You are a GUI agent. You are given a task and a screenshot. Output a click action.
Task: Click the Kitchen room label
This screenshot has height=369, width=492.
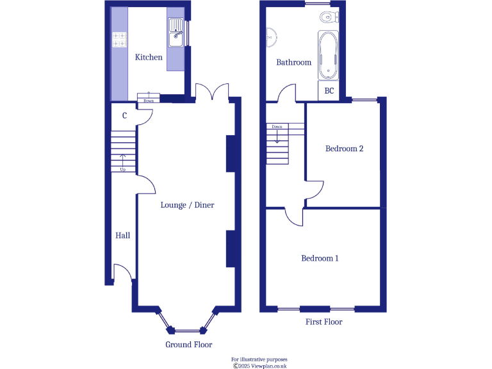click(149, 57)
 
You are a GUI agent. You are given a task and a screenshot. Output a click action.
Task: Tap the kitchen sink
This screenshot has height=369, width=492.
click(176, 32)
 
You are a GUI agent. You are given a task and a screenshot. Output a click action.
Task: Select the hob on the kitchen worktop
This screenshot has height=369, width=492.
click(119, 40)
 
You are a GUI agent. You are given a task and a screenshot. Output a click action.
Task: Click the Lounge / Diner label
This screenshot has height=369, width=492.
click(187, 205)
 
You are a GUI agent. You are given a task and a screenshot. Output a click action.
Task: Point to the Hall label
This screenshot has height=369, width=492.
click(122, 236)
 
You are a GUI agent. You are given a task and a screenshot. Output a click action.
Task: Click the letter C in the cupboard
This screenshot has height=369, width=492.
click(124, 116)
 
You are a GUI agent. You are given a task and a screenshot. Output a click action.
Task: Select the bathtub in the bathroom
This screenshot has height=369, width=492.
click(327, 56)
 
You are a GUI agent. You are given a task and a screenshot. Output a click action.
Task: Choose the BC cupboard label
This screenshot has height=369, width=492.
click(329, 91)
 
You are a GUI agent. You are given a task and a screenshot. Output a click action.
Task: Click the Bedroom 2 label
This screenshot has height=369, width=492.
click(344, 149)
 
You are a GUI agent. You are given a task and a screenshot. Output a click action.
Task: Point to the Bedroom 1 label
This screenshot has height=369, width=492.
click(320, 258)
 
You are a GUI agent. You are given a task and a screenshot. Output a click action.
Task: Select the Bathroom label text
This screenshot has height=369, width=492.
click(293, 62)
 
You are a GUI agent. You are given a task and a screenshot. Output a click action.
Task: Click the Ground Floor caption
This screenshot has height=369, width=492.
click(188, 345)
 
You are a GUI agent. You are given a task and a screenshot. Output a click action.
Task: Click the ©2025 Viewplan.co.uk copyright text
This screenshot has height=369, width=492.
click(259, 366)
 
